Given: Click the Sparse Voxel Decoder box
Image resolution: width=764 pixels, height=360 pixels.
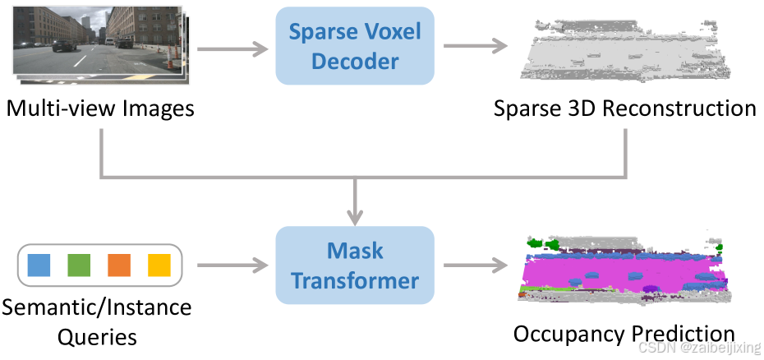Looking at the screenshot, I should (355, 46).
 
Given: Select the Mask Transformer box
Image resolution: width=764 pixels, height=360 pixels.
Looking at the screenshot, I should (355, 265).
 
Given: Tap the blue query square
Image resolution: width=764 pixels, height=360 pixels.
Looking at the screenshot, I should (39, 265).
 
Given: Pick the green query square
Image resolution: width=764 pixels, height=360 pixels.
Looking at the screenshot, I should (79, 265).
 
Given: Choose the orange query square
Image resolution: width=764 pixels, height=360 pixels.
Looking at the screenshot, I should (119, 265).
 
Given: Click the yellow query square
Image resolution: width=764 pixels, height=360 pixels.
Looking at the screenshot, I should (159, 265).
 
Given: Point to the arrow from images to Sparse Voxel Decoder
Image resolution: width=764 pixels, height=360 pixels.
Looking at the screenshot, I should (233, 49).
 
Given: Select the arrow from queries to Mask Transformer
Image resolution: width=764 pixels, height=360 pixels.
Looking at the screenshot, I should (233, 265).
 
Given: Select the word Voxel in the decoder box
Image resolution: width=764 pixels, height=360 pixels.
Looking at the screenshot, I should (390, 33).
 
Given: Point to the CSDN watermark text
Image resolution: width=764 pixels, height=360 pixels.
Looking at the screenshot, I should (698, 348).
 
